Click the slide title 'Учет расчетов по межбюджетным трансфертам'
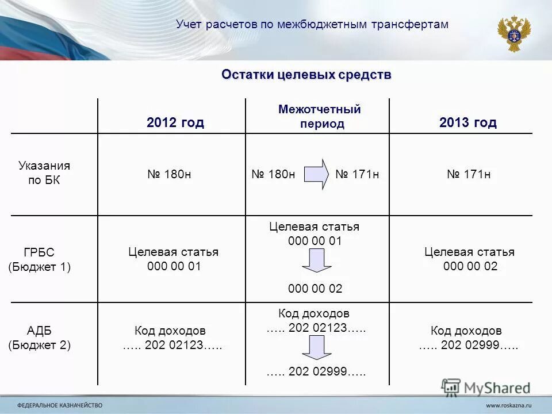pyautogui.click(x=312, y=24)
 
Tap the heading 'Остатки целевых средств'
pyautogui.click(x=306, y=75)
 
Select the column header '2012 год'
pyautogui.click(x=175, y=122)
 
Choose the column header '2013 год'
pyautogui.click(x=467, y=122)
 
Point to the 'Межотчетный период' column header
pyautogui.click(x=319, y=116)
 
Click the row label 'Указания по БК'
pyautogui.click(x=44, y=173)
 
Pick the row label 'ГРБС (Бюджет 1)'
pyautogui.click(x=39, y=259)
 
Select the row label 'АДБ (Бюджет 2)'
pyautogui.click(x=39, y=338)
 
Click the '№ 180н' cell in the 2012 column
pyautogui.click(x=169, y=174)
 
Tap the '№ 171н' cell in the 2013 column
pyautogui.click(x=469, y=174)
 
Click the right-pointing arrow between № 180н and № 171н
pyautogui.click(x=316, y=174)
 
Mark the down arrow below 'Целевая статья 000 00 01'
pyautogui.click(x=316, y=261)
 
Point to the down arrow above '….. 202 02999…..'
pyautogui.click(x=316, y=347)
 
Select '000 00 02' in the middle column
pyautogui.click(x=315, y=289)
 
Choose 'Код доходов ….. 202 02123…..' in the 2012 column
pyautogui.click(x=171, y=338)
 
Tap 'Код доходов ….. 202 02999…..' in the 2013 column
pyautogui.click(x=467, y=338)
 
